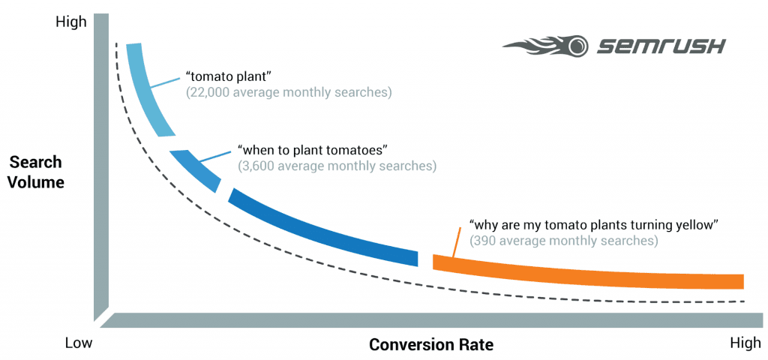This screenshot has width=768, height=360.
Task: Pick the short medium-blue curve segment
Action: (196, 169)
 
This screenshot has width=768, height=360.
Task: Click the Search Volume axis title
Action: (36, 172)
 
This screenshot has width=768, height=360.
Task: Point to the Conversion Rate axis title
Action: (431, 345)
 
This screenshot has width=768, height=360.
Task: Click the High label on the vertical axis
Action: (71, 22)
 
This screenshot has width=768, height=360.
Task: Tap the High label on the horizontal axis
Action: (745, 343)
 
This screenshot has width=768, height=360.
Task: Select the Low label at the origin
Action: (78, 343)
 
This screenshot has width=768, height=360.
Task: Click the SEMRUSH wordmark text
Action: (661, 46)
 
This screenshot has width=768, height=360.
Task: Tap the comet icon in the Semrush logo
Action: (548, 46)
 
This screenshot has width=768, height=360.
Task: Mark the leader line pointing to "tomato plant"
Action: (166, 82)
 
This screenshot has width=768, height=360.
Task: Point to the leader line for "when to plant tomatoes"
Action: (216, 154)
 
